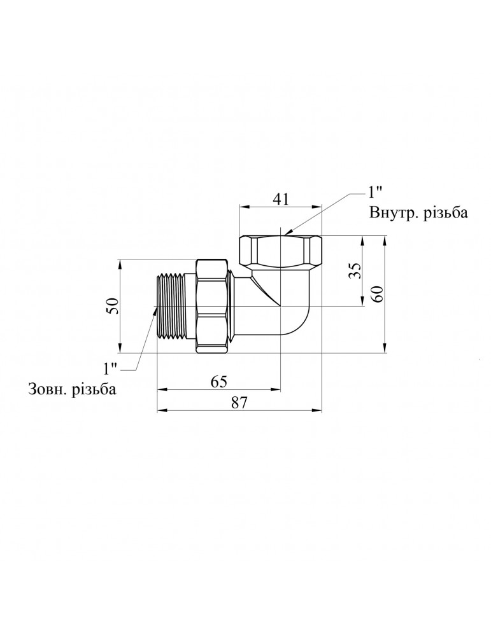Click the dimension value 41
pos(281,199)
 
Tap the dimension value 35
pos(355,270)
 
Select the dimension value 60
pos(377,294)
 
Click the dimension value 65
pos(218,382)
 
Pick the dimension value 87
pos(239,403)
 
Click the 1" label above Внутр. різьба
pos(374,192)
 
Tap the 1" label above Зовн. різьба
pos(110,369)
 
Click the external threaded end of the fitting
pos(171,307)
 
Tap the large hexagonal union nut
pos(213,307)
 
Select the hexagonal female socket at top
pos(281,251)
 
